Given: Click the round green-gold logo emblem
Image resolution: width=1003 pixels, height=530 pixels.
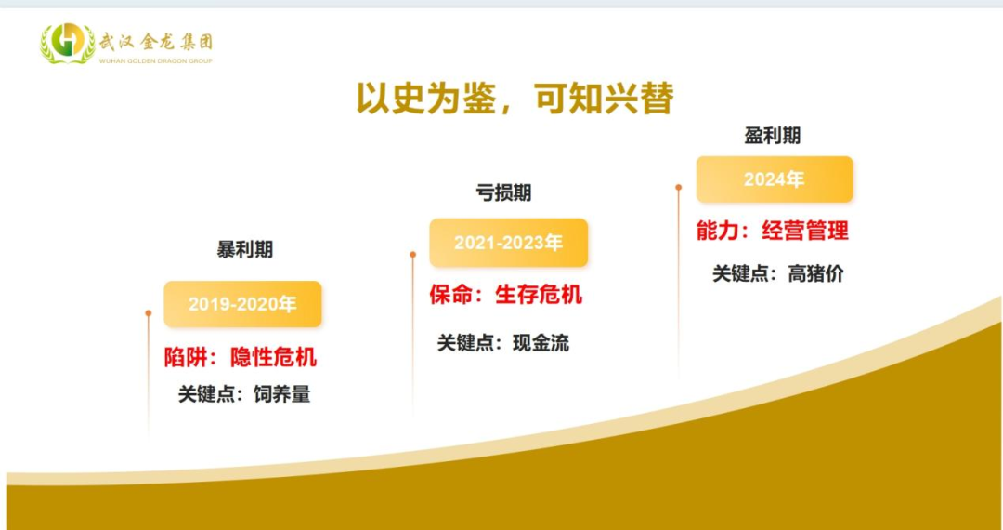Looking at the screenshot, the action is pyautogui.click(x=67, y=43).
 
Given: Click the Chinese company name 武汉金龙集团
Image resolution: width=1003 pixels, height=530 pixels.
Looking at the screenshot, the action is pyautogui.click(x=155, y=42).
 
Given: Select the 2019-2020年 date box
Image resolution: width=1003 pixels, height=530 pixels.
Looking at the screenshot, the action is pyautogui.click(x=243, y=304).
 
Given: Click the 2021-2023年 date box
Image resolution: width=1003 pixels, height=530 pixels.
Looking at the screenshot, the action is pyautogui.click(x=509, y=243).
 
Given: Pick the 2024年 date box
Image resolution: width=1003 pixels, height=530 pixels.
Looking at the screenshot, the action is pyautogui.click(x=775, y=179).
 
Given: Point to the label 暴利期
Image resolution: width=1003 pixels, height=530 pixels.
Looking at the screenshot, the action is pyautogui.click(x=245, y=249).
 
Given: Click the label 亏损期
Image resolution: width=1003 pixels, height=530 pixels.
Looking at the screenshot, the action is pyautogui.click(x=503, y=192).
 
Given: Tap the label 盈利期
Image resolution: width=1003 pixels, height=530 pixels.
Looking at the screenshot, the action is pyautogui.click(x=773, y=136).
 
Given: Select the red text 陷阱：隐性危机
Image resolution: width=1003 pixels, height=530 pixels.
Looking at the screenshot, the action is pyautogui.click(x=241, y=357).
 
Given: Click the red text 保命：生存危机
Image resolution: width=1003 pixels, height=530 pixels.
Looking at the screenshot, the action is pyautogui.click(x=506, y=295).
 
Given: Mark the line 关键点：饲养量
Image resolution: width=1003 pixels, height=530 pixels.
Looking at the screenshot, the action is pyautogui.click(x=244, y=394).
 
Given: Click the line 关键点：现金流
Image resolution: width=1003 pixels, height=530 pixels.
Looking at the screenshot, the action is pyautogui.click(x=503, y=343).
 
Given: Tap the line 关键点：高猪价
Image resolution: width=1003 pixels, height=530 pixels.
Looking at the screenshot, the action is pyautogui.click(x=778, y=274).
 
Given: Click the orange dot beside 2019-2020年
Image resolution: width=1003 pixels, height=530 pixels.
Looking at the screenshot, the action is pyautogui.click(x=149, y=313).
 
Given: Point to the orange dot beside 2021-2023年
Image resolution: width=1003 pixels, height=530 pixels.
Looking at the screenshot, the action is pyautogui.click(x=413, y=255).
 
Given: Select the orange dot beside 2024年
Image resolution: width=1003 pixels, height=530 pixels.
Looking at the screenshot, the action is pyautogui.click(x=679, y=188).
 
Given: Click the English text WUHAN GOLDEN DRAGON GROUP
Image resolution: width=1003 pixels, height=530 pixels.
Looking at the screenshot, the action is pyautogui.click(x=155, y=60).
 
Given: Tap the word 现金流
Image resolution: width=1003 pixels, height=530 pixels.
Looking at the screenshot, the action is pyautogui.click(x=541, y=343).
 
